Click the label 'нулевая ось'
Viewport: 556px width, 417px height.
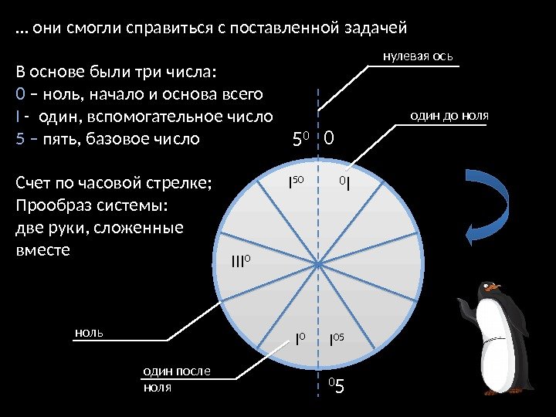[418, 56]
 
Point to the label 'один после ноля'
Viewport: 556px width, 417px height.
[175, 379]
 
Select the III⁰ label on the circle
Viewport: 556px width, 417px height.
[242, 262]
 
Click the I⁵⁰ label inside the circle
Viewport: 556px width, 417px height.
[297, 184]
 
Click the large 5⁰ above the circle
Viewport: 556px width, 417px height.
[300, 140]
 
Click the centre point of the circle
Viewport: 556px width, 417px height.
[317, 264]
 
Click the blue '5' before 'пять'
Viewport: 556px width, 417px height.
[20, 139]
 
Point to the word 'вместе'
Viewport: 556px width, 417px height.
[42, 250]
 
